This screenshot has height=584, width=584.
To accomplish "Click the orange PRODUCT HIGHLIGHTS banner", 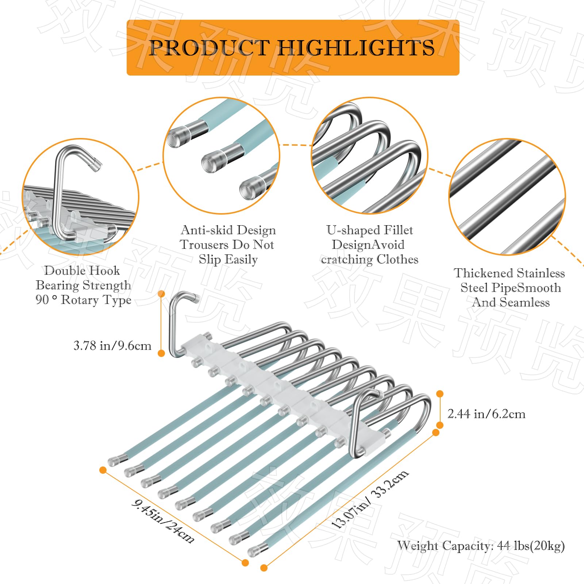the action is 293,47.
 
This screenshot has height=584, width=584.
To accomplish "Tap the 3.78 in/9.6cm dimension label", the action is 112,345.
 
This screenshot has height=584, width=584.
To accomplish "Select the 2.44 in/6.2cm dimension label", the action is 486,414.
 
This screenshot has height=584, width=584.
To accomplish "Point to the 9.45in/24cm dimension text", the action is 163,521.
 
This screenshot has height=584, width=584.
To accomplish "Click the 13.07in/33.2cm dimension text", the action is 369,499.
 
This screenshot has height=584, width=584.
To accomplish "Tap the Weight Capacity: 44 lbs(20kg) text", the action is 481,546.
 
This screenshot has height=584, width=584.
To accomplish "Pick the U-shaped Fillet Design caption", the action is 369,245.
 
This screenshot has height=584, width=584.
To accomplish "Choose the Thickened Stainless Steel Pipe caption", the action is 510,288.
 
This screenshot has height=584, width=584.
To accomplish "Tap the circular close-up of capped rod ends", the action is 221,155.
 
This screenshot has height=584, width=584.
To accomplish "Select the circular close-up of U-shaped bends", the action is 369,155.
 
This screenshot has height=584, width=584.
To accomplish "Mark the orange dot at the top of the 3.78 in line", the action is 162,294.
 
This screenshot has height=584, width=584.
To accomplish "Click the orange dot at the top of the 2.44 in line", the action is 440,393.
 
